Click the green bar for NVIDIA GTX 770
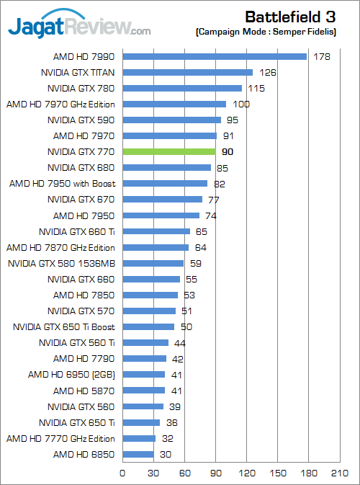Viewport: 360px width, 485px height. tap(169, 151)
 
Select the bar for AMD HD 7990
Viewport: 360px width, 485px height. tap(215, 56)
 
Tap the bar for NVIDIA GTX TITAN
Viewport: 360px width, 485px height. tap(187, 72)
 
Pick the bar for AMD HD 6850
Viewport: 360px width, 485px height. tap(138, 454)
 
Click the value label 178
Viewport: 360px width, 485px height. tap(321, 56)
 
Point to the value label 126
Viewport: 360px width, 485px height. tap(267, 72)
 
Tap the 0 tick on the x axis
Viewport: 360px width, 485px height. tap(122, 473)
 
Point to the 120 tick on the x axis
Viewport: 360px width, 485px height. tap(248, 473)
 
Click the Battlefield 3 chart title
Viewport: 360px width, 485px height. tap(293, 17)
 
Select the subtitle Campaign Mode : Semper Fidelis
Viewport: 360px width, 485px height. tap(276, 32)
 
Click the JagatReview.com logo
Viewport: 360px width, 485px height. tap(79, 27)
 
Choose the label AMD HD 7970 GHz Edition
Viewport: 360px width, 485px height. tap(60, 104)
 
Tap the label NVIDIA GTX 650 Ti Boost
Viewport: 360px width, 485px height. tap(64, 326)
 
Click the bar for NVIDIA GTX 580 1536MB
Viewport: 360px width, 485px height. tap(153, 263)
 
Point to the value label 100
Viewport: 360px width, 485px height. tap(241, 104)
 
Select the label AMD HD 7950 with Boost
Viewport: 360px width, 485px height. tap(62, 183)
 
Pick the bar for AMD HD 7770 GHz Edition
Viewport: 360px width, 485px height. tap(139, 438)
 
